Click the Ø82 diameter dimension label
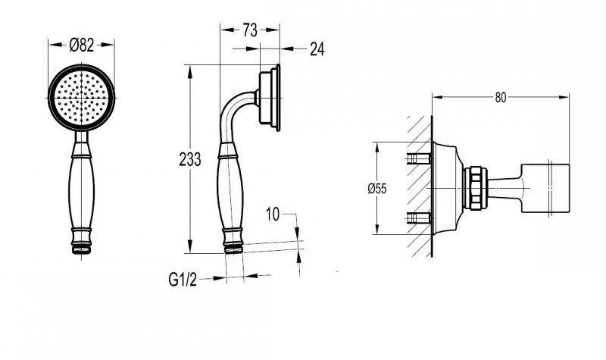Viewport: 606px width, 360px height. [82, 45]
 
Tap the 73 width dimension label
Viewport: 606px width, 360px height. [250, 30]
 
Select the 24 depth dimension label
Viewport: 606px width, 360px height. [317, 49]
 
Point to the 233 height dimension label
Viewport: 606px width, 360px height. [190, 159]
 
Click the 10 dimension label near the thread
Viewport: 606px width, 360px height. [273, 214]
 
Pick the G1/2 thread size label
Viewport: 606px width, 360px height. [183, 279]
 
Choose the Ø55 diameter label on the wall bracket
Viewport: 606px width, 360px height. [376, 189]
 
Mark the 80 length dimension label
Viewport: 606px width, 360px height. [501, 98]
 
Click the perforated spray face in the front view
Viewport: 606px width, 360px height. [82, 98]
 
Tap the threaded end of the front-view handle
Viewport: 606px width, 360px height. [82, 249]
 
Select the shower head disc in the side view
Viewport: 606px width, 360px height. [270, 98]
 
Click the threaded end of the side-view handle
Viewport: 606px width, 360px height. [233, 249]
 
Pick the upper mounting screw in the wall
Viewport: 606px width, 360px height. [420, 158]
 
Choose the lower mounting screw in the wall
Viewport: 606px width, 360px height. [420, 218]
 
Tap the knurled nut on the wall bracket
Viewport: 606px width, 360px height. [473, 188]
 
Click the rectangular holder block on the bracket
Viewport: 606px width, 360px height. [545, 188]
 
